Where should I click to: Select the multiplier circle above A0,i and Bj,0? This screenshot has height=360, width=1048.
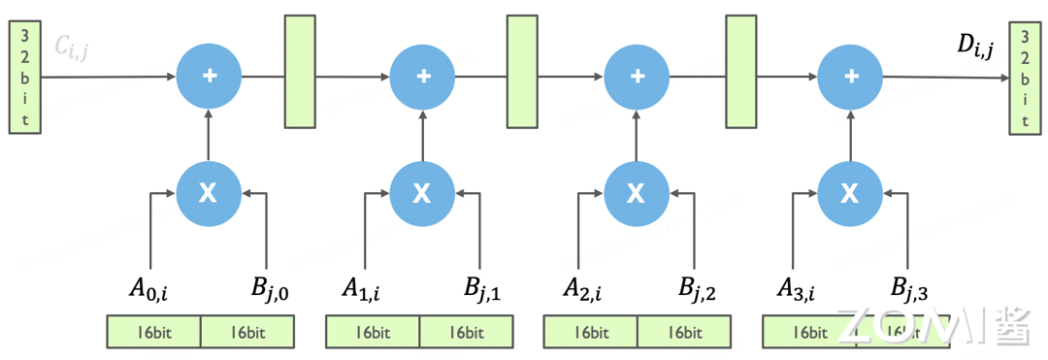(209, 193)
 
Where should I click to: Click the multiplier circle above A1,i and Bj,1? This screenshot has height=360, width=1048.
(422, 193)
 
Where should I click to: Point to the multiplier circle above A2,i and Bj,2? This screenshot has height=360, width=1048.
(637, 193)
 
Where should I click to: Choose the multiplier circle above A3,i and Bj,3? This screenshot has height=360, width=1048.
(850, 193)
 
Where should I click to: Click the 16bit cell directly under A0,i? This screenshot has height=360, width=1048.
(153, 332)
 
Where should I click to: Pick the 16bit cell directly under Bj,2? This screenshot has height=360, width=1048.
(684, 332)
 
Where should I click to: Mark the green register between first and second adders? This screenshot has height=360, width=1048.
(300, 71)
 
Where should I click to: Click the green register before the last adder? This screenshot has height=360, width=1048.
(742, 71)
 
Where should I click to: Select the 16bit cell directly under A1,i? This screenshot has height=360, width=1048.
(373, 332)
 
